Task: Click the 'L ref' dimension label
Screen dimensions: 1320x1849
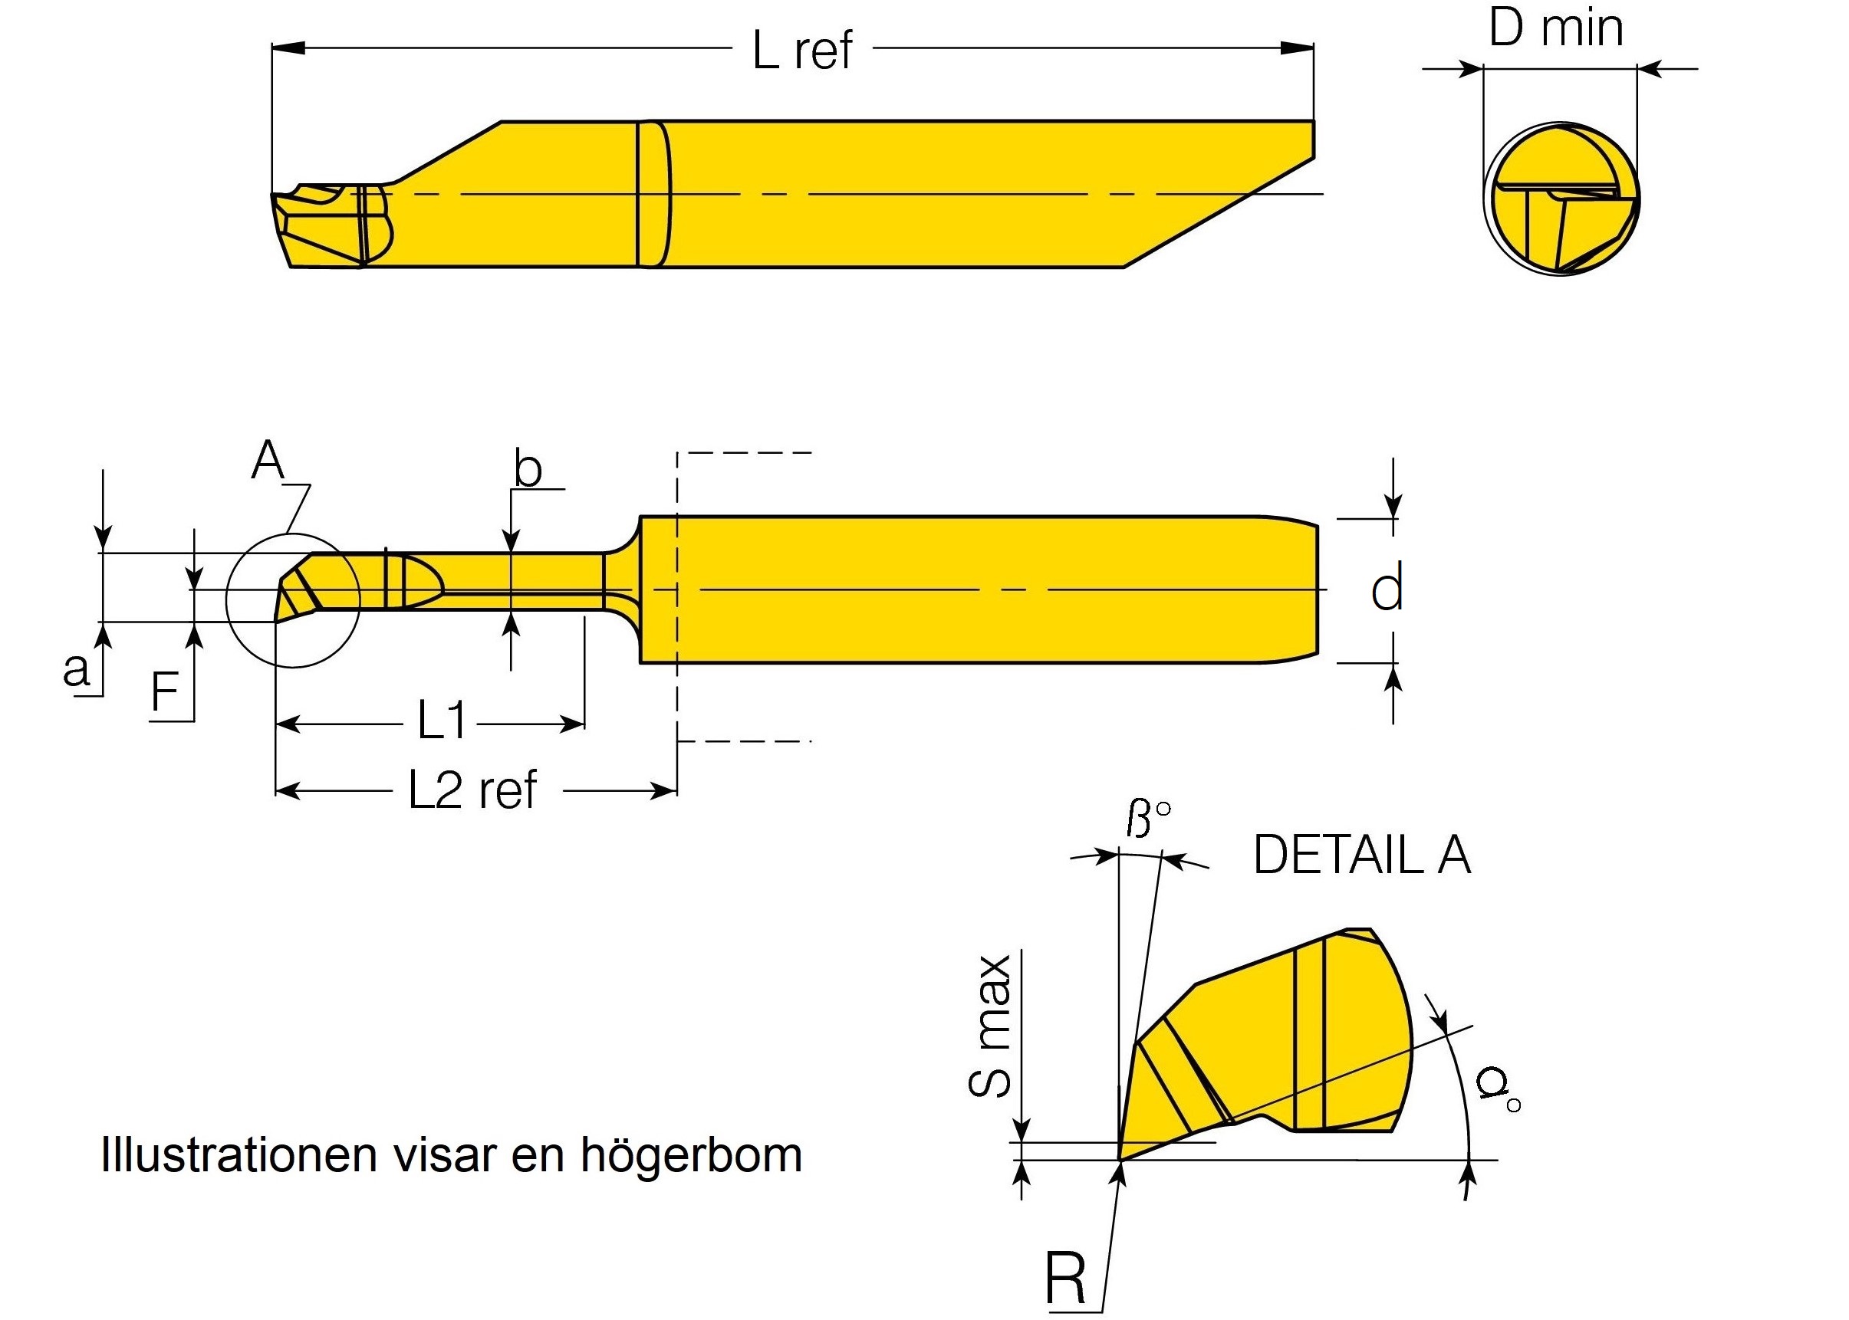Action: [x=802, y=51]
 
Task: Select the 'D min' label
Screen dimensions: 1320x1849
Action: [x=1555, y=28]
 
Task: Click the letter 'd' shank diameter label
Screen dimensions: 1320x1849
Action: [x=1387, y=590]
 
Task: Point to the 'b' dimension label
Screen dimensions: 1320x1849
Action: [x=528, y=470]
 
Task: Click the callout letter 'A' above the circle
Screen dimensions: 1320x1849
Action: [x=268, y=461]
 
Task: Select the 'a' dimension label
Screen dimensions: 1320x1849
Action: [x=77, y=671]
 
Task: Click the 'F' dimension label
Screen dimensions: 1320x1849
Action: [x=165, y=692]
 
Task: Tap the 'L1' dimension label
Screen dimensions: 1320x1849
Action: [x=442, y=721]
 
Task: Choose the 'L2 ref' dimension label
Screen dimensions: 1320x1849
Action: [x=472, y=790]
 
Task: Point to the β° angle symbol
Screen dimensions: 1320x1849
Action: [x=1147, y=819]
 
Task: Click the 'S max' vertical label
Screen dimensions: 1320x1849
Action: [x=991, y=1026]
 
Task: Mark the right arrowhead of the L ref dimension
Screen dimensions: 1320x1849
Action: [x=1299, y=48]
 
